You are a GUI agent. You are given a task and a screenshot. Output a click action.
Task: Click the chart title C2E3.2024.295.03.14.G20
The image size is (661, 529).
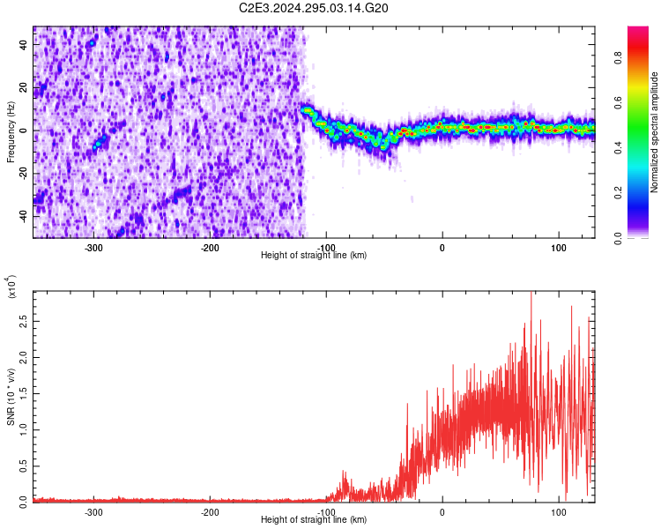click(314, 8)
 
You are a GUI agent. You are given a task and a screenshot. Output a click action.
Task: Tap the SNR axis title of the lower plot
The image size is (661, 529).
click(11, 396)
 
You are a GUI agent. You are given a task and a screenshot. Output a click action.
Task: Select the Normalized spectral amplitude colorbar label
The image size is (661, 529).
click(655, 132)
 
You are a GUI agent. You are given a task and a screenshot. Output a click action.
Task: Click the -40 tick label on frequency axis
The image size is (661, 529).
click(22, 215)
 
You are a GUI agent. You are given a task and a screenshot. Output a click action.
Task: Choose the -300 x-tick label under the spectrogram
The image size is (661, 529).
click(93, 248)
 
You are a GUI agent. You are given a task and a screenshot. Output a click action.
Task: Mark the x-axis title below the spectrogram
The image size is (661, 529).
click(314, 256)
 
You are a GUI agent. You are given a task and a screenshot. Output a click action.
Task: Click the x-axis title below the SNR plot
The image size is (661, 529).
click(314, 520)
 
